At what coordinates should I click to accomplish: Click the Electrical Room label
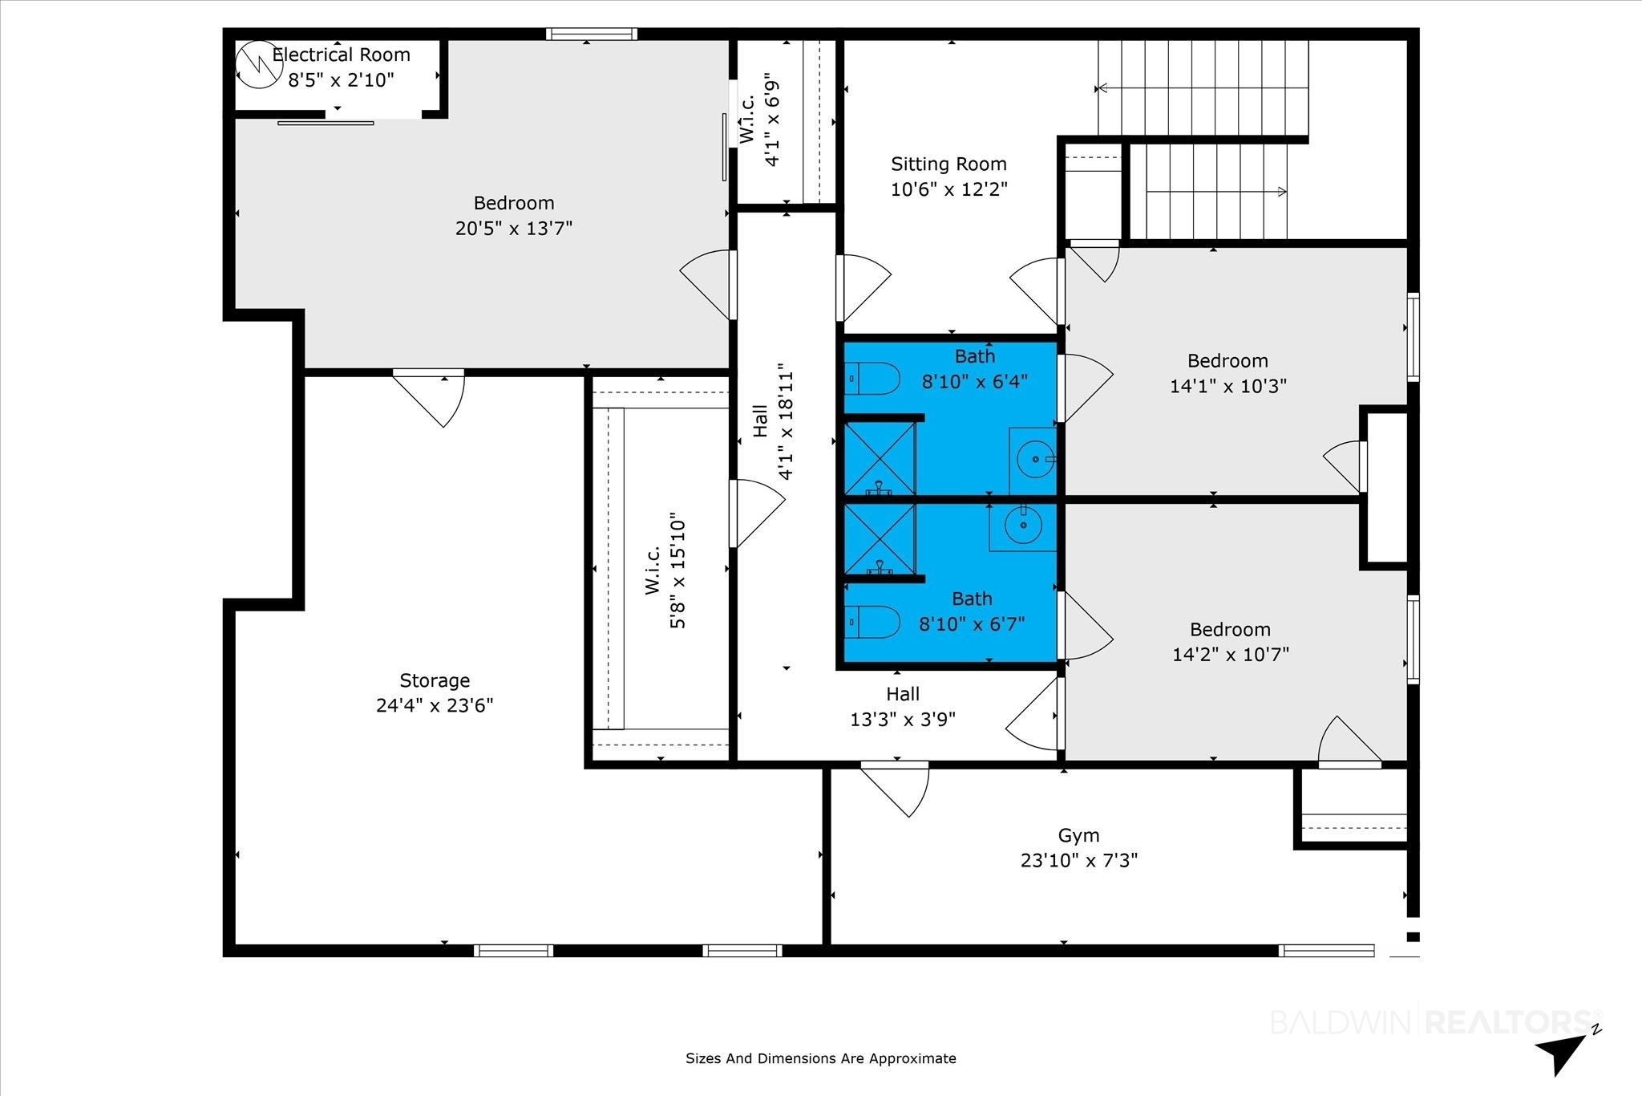tap(342, 55)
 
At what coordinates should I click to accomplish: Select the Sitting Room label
tap(948, 164)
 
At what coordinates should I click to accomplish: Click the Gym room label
tap(1078, 835)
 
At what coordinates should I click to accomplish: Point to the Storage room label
tap(435, 680)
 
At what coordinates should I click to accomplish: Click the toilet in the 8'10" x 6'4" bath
tap(872, 378)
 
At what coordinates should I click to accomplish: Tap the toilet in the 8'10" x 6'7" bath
tap(872, 622)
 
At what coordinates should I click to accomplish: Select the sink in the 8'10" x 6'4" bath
tap(1033, 461)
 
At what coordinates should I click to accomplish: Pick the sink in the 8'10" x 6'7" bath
tap(1022, 526)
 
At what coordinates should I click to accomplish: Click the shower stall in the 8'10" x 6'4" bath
tap(880, 458)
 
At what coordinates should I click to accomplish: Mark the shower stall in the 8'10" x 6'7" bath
tap(880, 539)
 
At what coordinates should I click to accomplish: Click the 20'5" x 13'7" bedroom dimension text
tap(514, 229)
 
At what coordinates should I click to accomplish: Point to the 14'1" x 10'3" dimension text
tap(1228, 386)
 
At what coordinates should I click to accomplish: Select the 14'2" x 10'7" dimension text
tap(1231, 655)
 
